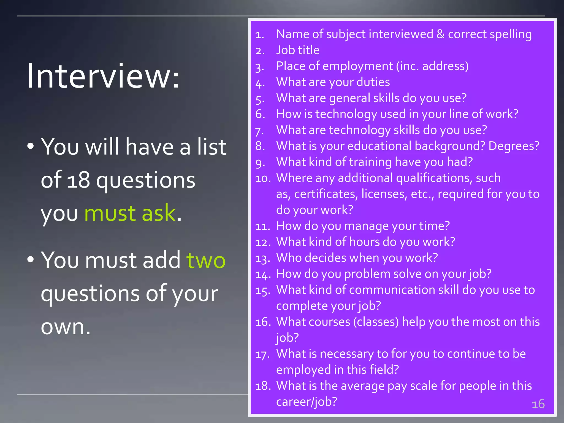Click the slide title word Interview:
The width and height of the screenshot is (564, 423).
pyautogui.click(x=103, y=76)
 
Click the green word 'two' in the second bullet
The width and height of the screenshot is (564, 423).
pyautogui.click(x=206, y=260)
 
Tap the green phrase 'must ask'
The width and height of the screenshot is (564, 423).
pyautogui.click(x=130, y=213)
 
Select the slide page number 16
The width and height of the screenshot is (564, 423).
pyautogui.click(x=538, y=404)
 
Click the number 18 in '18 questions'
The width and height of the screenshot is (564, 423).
pyautogui.click(x=78, y=180)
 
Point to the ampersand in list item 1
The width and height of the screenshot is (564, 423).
pyautogui.click(x=440, y=34)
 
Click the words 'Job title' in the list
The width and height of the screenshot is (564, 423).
pyautogui.click(x=298, y=50)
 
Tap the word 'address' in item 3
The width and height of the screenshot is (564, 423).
pyautogui.click(x=445, y=66)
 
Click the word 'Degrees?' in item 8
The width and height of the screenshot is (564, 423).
pyautogui.click(x=514, y=146)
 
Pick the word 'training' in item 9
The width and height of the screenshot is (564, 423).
pyautogui.click(x=370, y=162)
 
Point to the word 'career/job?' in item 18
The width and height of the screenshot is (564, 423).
pyautogui.click(x=307, y=402)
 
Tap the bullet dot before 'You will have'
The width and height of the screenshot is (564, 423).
pyautogui.click(x=31, y=146)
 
